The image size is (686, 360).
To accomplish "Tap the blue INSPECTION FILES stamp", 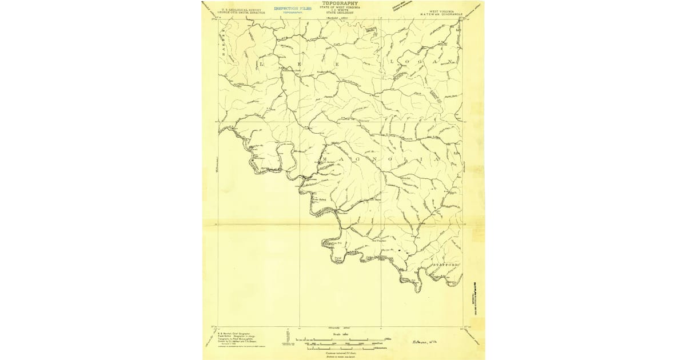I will click(293, 9).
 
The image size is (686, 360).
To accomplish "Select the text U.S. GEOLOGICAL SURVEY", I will click(236, 9).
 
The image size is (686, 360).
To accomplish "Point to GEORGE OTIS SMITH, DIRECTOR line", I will click(236, 13).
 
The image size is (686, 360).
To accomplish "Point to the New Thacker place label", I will click(380, 240).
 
